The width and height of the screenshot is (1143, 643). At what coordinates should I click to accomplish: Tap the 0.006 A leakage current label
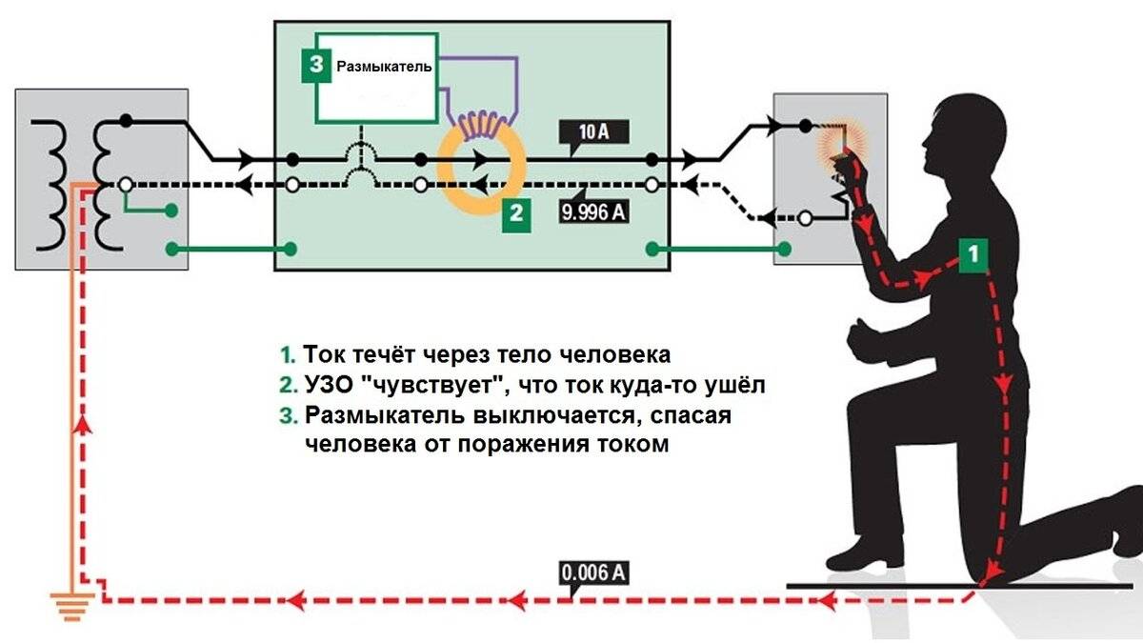[x=594, y=573]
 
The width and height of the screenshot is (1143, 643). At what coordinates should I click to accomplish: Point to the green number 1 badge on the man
[x=972, y=254]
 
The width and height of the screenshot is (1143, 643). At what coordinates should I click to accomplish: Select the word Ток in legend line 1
[x=326, y=354]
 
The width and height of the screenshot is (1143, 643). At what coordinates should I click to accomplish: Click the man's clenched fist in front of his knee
[x=863, y=336]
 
